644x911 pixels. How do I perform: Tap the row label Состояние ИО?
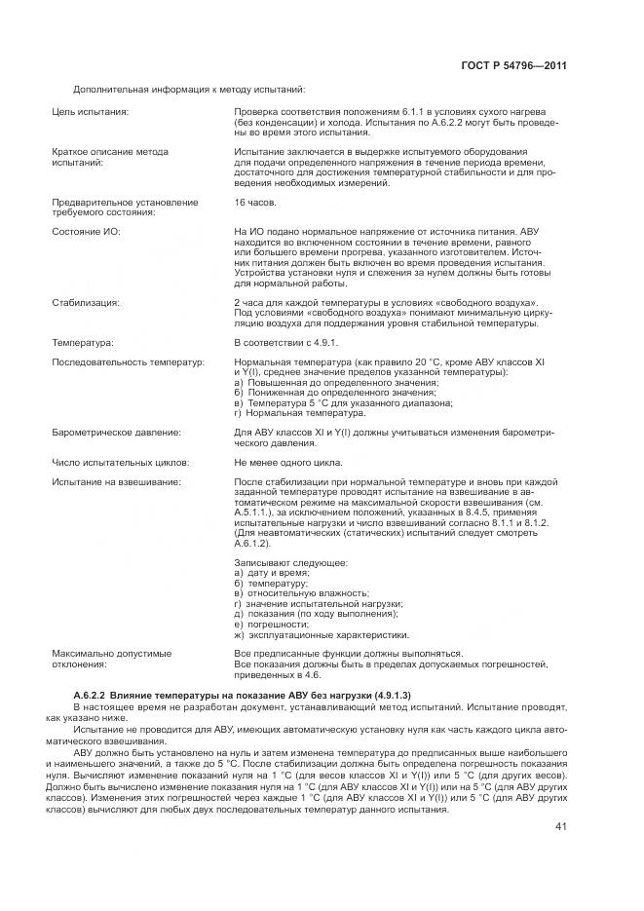pos(85,231)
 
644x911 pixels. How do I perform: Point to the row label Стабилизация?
pos(86,303)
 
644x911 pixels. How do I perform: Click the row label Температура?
pos(83,343)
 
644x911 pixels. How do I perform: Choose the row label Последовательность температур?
pos(128,361)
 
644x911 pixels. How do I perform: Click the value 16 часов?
pos(255,202)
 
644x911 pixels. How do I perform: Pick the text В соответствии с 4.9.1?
pos(285,343)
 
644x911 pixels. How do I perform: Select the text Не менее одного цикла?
pos(287,462)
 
